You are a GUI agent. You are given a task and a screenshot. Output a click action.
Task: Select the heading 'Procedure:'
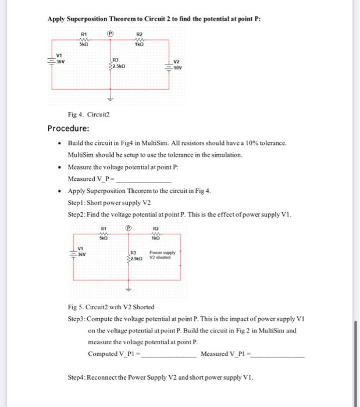[68, 128]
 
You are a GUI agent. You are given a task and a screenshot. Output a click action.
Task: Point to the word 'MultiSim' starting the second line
[82, 155]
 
